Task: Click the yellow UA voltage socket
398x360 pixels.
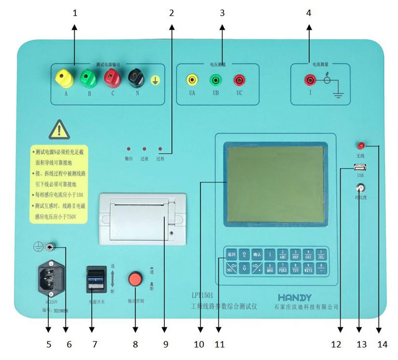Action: click(191, 80)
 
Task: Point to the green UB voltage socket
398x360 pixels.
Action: click(215, 80)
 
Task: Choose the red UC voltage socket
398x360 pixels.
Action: click(238, 80)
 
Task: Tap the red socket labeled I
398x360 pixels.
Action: click(309, 80)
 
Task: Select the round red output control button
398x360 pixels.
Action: click(135, 278)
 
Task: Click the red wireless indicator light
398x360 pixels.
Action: click(361, 146)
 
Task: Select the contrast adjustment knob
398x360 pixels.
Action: click(360, 188)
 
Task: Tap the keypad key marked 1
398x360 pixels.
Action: click(271, 254)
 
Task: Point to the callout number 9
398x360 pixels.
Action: click(164, 344)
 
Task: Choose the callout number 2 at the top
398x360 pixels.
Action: click(171, 13)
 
